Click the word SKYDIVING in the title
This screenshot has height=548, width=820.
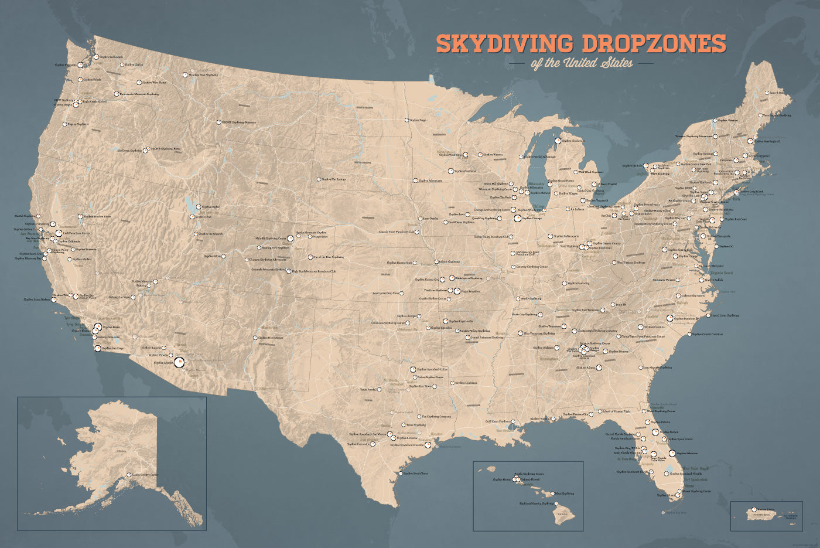pos(504,44)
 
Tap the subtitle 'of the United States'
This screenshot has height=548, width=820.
pos(582,63)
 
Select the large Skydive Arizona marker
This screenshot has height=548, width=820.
pos(179,363)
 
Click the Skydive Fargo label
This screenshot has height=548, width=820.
pos(418,120)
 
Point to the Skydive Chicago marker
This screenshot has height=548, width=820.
pos(517,218)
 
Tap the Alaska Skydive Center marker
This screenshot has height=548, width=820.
pos(129,475)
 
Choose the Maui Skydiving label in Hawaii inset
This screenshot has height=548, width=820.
pos(565,493)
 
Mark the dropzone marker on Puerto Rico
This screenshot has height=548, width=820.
pos(754,509)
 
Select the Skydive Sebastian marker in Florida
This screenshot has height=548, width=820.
pos(672,452)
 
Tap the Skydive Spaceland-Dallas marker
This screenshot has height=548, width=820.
pos(413,369)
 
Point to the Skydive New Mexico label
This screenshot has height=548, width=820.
pos(270,338)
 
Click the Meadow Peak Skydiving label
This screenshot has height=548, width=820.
pos(203,75)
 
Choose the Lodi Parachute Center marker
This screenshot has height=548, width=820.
pos(59,233)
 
